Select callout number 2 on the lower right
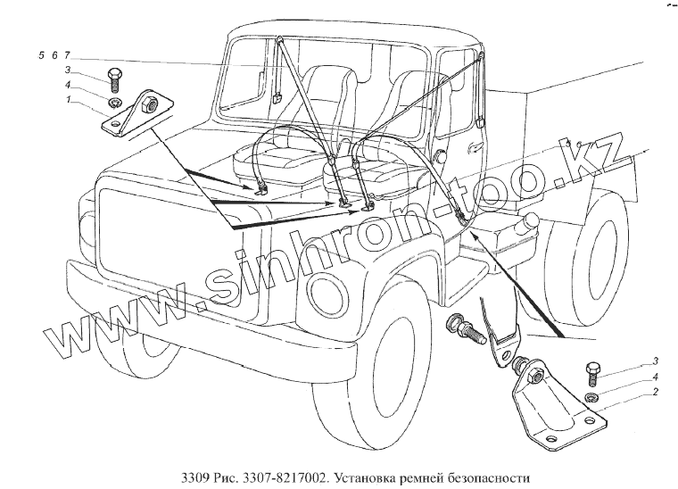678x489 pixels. pos(656,393)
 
